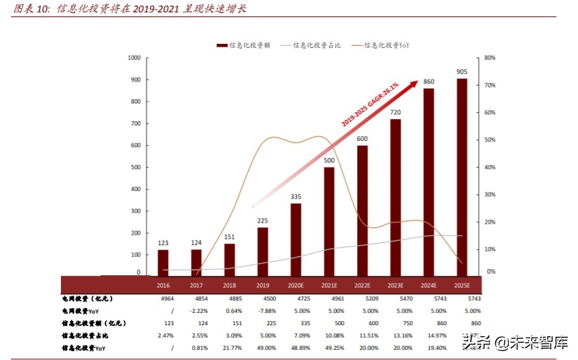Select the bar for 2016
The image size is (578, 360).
tap(163, 262)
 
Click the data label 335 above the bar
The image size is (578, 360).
tap(295, 196)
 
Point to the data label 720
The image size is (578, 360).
tap(395, 112)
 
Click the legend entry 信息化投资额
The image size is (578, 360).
tap(244, 45)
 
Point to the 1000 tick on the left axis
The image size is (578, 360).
tap(134, 58)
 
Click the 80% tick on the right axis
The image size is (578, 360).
tap(489, 58)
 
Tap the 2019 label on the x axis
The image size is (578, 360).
tap(263, 285)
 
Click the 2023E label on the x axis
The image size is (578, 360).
tap(395, 285)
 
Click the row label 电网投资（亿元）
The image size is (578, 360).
tap(87, 298)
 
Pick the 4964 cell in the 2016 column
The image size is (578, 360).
tap(163, 298)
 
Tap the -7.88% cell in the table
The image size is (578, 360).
tap(263, 311)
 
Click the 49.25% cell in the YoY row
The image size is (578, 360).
tap(329, 348)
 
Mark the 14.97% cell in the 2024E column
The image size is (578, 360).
tap(428, 335)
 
